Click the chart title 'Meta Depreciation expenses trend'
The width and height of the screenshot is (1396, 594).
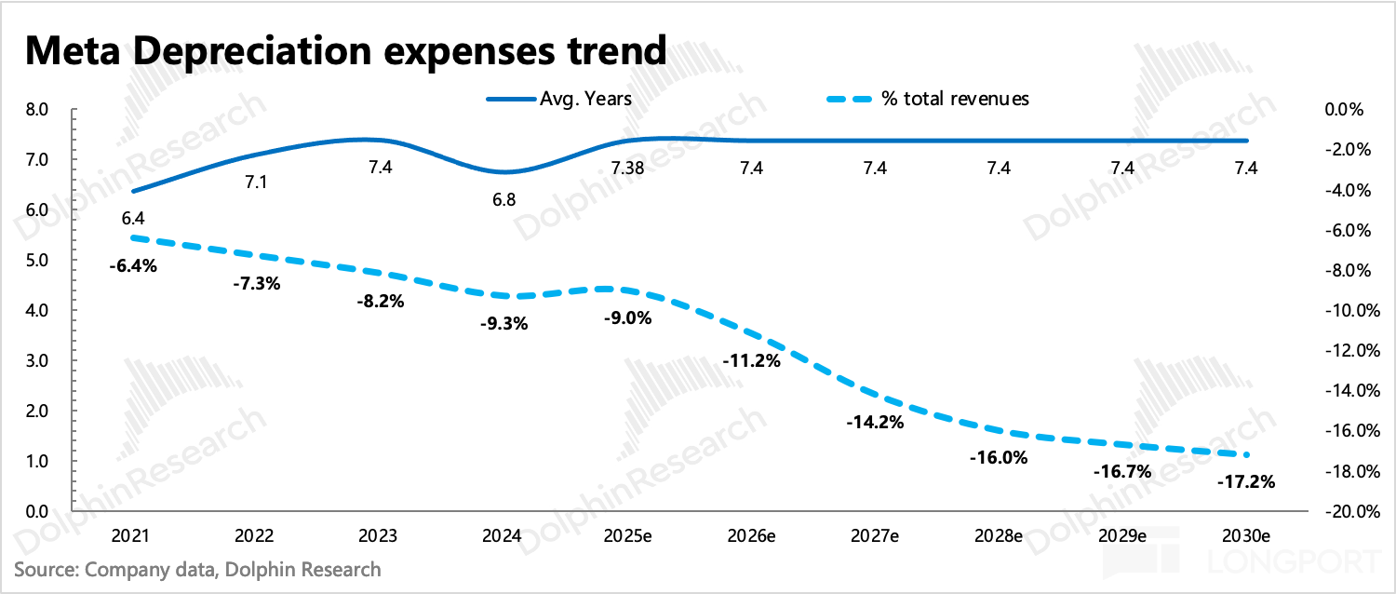tap(344, 49)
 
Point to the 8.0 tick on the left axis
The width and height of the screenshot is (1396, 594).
tap(38, 110)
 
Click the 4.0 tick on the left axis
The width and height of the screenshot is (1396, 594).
tap(38, 310)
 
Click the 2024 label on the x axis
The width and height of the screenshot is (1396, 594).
tap(503, 537)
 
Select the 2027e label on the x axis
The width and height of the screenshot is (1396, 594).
tap(875, 537)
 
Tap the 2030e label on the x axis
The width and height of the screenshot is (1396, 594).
tap(1246, 537)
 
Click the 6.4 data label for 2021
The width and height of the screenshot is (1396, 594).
tap(131, 219)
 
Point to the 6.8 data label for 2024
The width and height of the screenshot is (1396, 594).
tap(503, 199)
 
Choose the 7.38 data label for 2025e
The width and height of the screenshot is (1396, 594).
tap(626, 169)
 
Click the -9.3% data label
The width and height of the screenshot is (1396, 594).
tap(503, 324)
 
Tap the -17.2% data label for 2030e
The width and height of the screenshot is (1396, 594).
tap(1246, 482)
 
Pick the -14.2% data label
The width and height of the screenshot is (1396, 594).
tap(875, 422)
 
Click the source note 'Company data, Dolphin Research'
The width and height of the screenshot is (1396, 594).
tap(198, 568)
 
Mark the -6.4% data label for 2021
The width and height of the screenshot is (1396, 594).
tap(131, 265)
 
